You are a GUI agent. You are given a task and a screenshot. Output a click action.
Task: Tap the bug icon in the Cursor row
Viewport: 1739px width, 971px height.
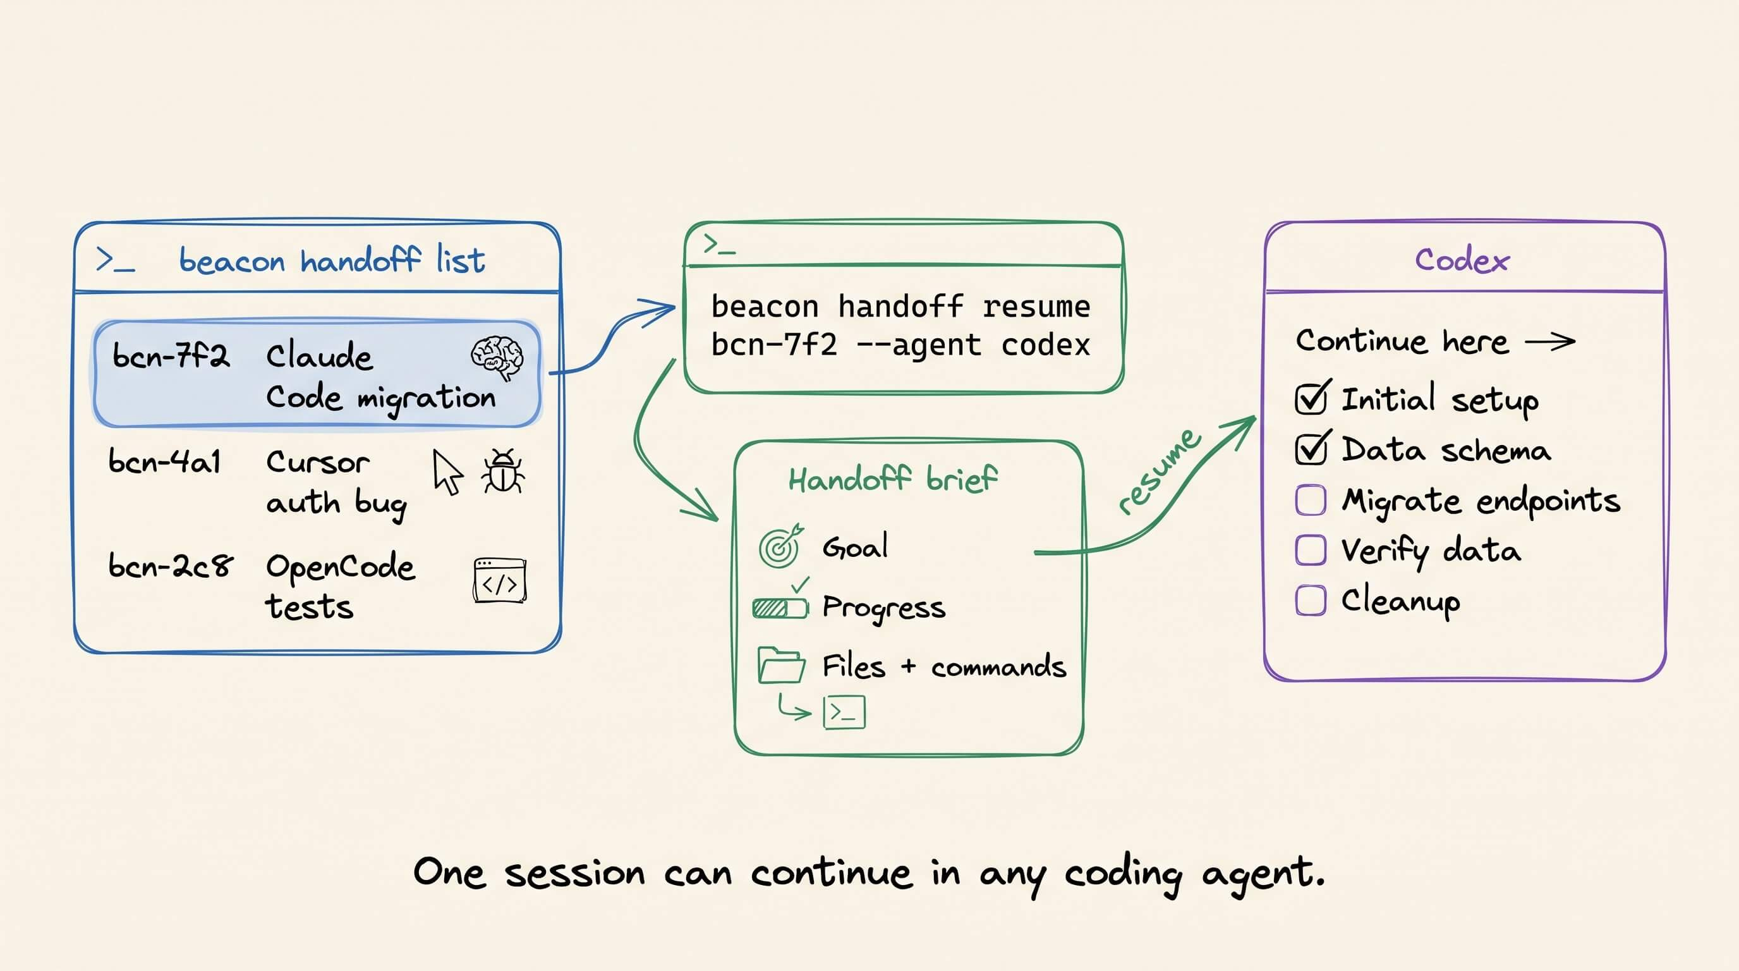[502, 471]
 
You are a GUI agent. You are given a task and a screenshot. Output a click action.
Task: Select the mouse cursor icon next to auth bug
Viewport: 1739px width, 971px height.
[447, 472]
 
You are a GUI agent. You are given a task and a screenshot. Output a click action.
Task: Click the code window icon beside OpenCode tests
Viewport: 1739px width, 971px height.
[500, 580]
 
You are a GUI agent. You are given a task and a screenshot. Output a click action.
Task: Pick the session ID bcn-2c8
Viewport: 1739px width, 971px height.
[170, 565]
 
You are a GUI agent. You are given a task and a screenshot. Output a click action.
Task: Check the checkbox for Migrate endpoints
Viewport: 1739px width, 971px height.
[1311, 500]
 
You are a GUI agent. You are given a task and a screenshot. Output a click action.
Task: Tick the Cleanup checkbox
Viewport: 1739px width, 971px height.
[1311, 601]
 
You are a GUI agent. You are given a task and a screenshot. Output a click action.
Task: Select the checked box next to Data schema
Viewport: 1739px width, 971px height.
[1312, 448]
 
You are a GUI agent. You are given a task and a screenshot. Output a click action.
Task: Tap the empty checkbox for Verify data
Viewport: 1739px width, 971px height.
[1311, 551]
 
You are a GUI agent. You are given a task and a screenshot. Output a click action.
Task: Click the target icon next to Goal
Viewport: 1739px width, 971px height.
[780, 546]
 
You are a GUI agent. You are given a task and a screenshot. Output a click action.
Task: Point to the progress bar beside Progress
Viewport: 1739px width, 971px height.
[780, 608]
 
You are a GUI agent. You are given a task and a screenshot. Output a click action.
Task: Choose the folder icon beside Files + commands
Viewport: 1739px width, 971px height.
[781, 665]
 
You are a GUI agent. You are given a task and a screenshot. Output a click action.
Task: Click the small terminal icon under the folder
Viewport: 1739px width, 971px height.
[844, 712]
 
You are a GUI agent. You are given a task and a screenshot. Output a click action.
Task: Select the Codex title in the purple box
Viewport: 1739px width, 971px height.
[1462, 260]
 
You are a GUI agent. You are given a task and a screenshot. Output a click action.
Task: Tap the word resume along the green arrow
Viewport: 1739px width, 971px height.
[1158, 471]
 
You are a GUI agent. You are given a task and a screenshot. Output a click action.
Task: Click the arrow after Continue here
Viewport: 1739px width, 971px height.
[1550, 341]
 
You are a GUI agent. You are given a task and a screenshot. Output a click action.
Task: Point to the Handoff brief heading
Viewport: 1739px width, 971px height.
[892, 479]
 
